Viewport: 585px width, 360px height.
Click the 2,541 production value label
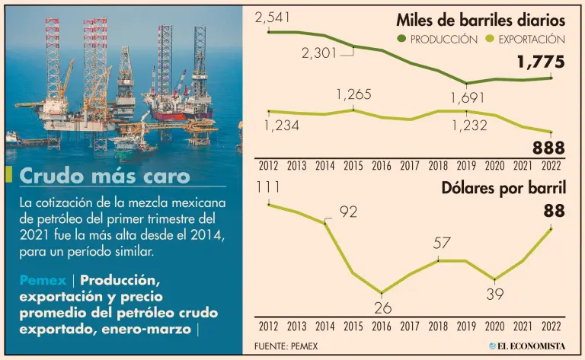pyautogui.click(x=274, y=16)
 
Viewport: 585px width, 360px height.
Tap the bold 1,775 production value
pyautogui.click(x=540, y=62)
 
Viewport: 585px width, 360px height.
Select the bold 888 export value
pyautogui.click(x=548, y=148)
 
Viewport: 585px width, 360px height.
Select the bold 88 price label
pyautogui.click(x=554, y=211)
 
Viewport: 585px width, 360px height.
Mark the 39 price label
pyautogui.click(x=496, y=294)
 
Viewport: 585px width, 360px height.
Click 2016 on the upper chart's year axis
pyautogui.click(x=382, y=165)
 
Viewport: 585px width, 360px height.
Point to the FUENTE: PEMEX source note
pyautogui.click(x=286, y=346)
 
